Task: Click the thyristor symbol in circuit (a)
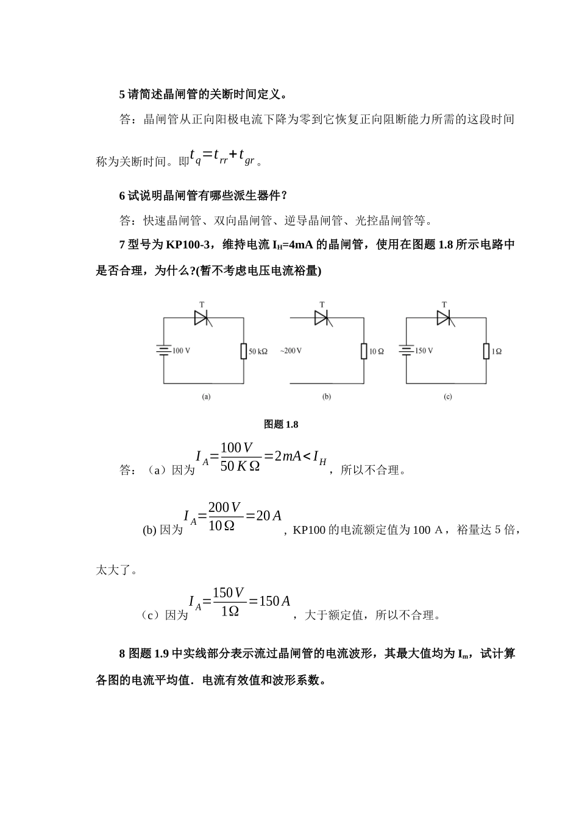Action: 202,317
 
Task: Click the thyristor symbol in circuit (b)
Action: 322,317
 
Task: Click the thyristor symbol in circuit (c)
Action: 444,317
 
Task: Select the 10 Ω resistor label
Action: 377,351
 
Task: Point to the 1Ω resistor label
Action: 496,351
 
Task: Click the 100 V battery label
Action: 182,351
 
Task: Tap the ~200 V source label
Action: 291,351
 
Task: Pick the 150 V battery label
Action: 424,351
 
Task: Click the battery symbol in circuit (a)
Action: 163,351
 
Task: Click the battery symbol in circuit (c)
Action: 406,351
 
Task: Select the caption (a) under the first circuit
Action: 206,396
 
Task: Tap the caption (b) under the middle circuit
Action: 326,396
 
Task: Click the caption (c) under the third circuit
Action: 448,396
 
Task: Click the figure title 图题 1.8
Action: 281,424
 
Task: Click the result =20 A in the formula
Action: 263,516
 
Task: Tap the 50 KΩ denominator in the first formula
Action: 240,466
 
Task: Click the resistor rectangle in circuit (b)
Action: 364,351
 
